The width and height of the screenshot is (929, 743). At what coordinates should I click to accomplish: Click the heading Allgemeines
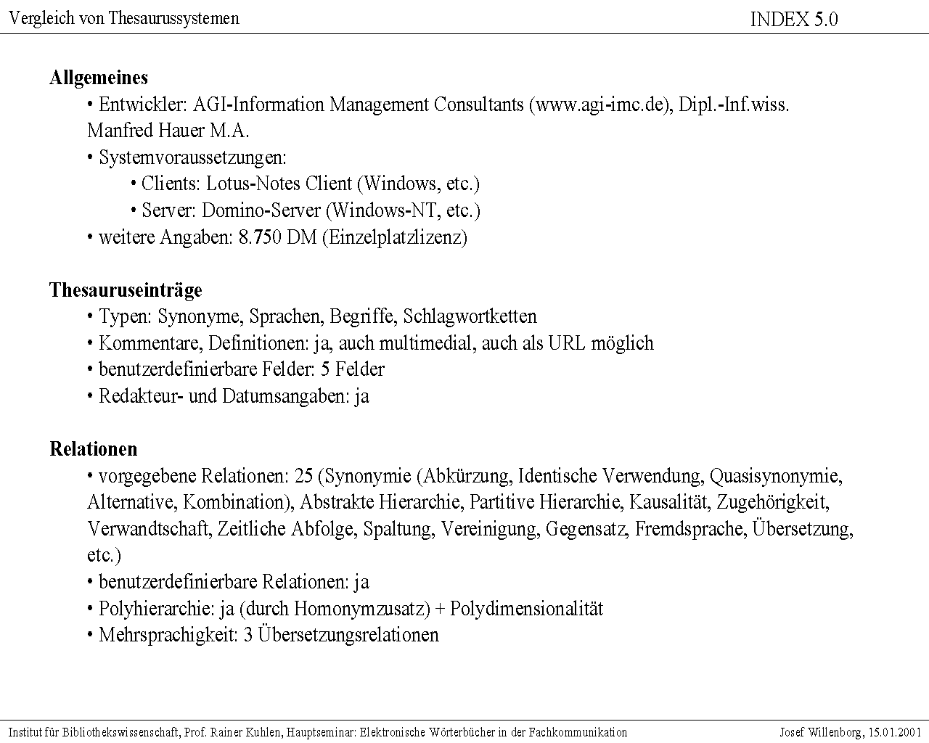point(99,78)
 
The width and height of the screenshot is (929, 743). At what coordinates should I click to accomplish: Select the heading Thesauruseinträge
point(126,290)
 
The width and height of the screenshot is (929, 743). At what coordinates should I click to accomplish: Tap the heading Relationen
point(93,449)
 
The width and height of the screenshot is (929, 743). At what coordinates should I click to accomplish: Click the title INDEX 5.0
point(793,20)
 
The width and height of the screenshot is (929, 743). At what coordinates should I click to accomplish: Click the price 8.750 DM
point(277,237)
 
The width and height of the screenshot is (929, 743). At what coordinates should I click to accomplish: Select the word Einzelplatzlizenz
point(394,237)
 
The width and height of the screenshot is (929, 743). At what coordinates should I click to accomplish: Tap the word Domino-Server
point(261,210)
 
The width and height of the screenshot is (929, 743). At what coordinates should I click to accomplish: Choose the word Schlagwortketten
point(470,316)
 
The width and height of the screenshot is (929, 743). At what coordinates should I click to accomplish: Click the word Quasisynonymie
point(775,476)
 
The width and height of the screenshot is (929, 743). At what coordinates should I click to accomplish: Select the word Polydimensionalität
point(526,608)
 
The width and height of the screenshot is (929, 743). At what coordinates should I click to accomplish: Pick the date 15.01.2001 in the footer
point(894,732)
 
